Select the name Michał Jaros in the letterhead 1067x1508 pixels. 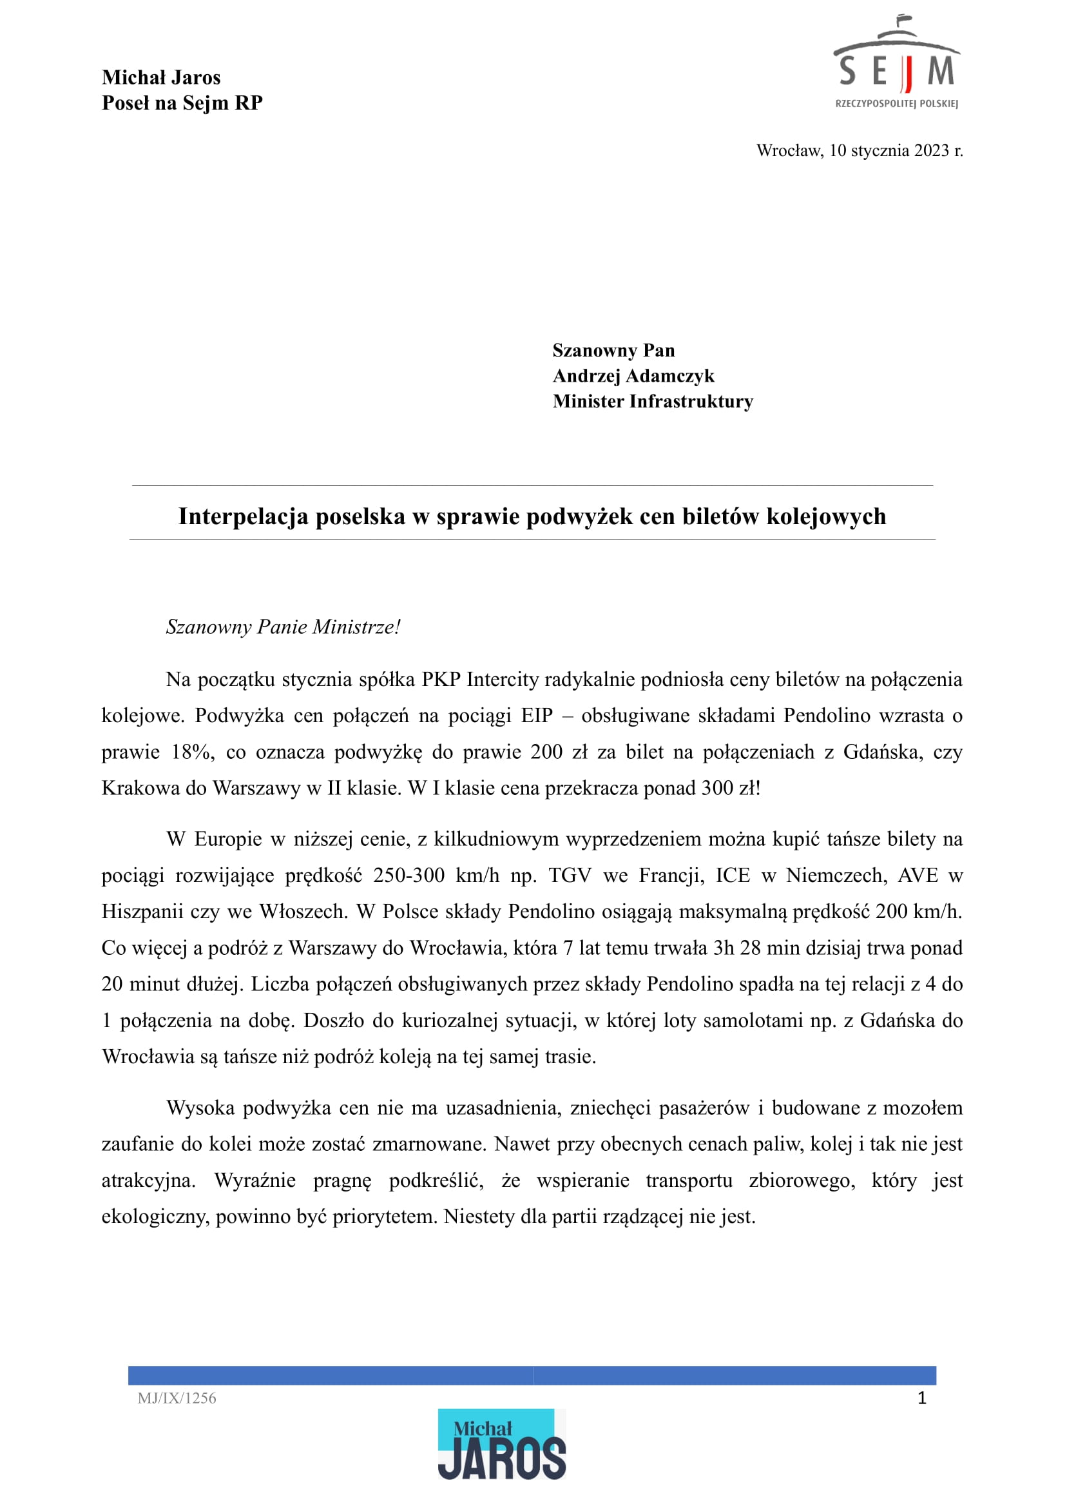161,77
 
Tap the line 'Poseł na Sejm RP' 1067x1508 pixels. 182,103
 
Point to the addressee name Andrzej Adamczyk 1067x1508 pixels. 633,376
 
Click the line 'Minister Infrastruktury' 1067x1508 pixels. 653,402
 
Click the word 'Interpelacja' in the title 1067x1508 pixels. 243,516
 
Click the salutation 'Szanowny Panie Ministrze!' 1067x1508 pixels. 283,627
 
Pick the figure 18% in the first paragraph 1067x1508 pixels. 193,752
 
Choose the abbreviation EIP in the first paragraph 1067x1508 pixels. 537,716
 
